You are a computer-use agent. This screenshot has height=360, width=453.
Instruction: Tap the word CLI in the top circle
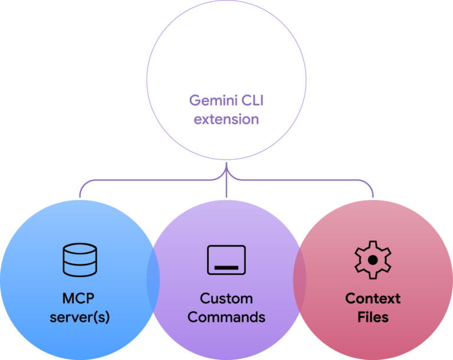pyautogui.click(x=254, y=100)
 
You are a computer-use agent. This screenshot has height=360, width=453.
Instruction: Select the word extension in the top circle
pyautogui.click(x=226, y=119)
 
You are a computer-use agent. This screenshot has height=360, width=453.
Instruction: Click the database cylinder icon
pyautogui.click(x=80, y=260)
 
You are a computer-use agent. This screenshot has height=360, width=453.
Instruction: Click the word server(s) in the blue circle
pyautogui.click(x=80, y=317)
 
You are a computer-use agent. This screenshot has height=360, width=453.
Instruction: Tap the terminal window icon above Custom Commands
pyautogui.click(x=226, y=260)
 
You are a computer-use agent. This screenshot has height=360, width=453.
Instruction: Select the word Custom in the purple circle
pyautogui.click(x=226, y=298)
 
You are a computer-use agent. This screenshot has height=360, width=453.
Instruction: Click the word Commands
pyautogui.click(x=226, y=317)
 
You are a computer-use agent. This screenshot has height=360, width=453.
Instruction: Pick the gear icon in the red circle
pyautogui.click(x=373, y=260)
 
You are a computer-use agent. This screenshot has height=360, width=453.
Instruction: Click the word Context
pyautogui.click(x=373, y=298)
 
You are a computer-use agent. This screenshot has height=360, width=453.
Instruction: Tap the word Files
pyautogui.click(x=373, y=317)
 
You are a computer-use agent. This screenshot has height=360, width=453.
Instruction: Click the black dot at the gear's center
pyautogui.click(x=373, y=260)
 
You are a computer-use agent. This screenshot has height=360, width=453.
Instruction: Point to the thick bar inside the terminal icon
pyautogui.click(x=226, y=267)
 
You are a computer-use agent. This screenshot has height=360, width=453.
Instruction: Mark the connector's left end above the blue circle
pyautogui.click(x=80, y=195)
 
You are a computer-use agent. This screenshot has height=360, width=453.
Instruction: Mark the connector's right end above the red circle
pyautogui.click(x=373, y=195)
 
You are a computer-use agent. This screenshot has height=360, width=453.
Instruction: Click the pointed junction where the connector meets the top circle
pyautogui.click(x=226, y=168)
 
